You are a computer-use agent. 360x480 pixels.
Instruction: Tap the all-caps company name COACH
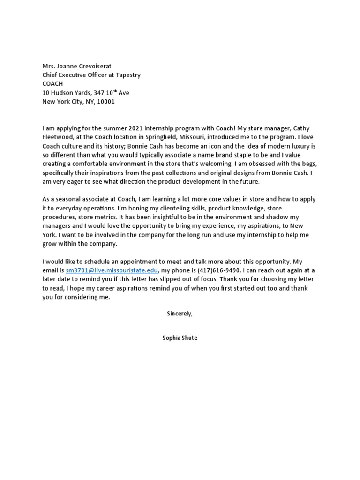(x=52, y=84)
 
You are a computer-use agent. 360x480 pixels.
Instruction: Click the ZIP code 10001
(x=105, y=102)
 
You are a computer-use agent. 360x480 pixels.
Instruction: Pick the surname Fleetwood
(x=58, y=137)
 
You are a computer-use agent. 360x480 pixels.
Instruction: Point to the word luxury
(x=290, y=146)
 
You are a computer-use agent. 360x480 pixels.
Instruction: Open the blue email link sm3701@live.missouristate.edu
(x=112, y=271)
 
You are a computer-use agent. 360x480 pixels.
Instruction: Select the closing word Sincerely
(x=180, y=314)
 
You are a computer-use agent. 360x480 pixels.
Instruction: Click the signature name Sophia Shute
(x=180, y=337)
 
